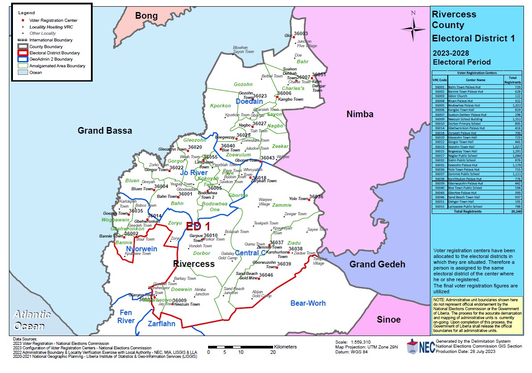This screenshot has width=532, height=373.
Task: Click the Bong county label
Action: pyautogui.click(x=147, y=16)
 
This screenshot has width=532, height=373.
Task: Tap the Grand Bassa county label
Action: pyautogui.click(x=105, y=131)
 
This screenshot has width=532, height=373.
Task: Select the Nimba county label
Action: pyautogui.click(x=360, y=115)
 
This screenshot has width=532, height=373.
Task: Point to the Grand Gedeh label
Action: pyautogui.click(x=377, y=264)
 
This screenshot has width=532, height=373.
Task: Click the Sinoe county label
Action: pyautogui.click(x=389, y=320)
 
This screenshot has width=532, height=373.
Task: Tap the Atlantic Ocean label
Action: pyautogui.click(x=31, y=320)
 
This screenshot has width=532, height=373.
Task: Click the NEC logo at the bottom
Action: pyautogui.click(x=421, y=347)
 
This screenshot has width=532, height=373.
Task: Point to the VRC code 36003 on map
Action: pyautogui.click(x=301, y=34)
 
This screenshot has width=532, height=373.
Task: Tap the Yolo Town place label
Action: pyautogui.click(x=298, y=199)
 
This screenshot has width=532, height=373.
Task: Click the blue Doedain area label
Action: pyautogui.click(x=249, y=102)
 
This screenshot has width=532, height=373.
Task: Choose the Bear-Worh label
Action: pyautogui.click(x=308, y=303)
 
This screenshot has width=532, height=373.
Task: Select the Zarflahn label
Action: pyautogui.click(x=161, y=324)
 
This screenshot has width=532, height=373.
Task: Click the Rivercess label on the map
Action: pyautogui.click(x=194, y=264)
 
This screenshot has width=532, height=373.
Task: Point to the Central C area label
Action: pyautogui.click(x=250, y=253)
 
